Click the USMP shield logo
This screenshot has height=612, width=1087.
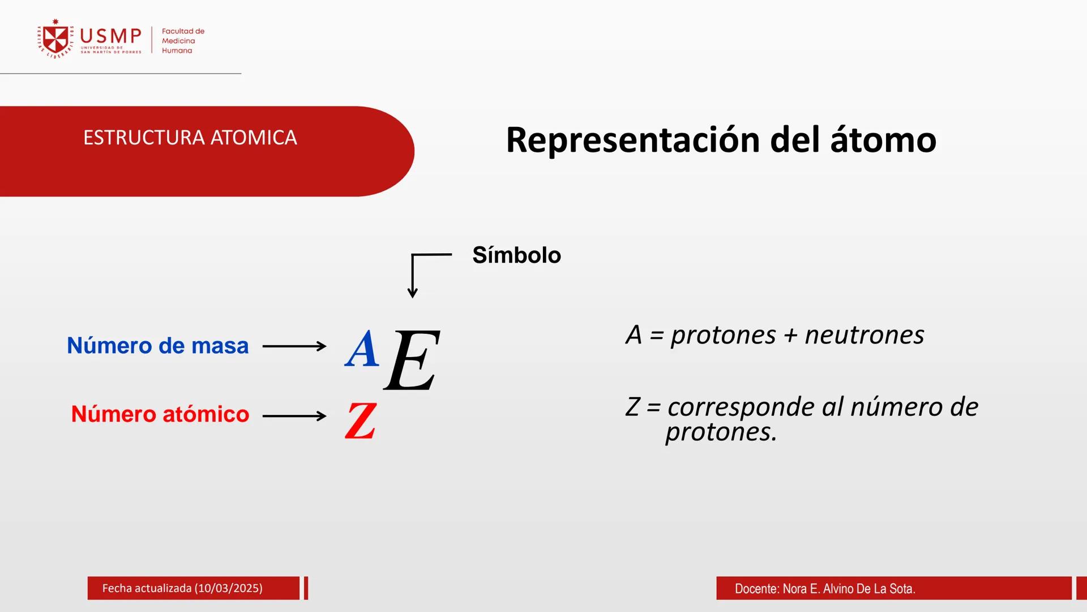tap(56, 40)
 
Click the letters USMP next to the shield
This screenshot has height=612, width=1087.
tap(110, 36)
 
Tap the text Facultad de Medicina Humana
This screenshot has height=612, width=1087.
tap(182, 41)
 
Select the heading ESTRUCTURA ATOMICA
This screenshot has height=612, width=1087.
tap(190, 138)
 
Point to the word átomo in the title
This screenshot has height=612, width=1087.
tap(883, 140)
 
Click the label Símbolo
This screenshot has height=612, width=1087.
tap(516, 255)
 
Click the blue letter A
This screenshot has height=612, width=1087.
tap(362, 349)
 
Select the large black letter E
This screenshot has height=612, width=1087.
tap(412, 360)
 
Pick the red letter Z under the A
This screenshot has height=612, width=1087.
tap(361, 420)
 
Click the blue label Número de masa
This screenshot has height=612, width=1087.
tap(157, 346)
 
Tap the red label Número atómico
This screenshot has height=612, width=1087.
tap(160, 414)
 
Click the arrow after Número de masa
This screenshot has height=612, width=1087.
tap(294, 346)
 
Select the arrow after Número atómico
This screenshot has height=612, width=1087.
tap(294, 416)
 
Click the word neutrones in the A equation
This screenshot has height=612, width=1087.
tap(865, 335)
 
